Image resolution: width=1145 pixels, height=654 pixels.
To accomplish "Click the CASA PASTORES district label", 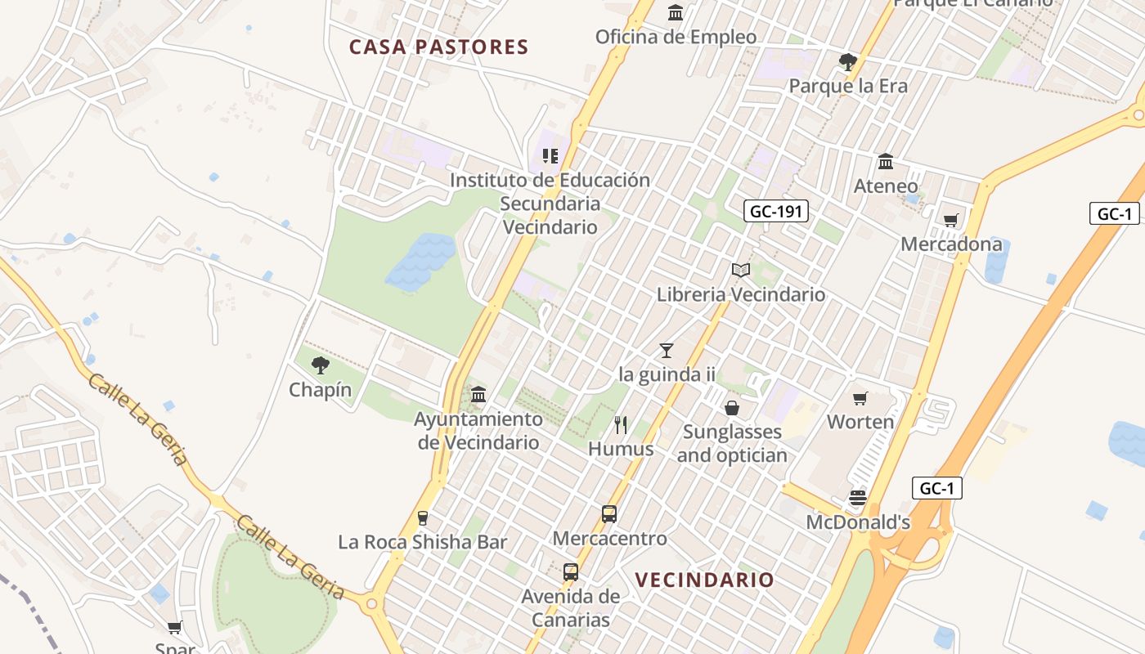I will [439, 47].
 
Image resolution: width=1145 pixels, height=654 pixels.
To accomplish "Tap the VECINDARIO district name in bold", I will [704, 580].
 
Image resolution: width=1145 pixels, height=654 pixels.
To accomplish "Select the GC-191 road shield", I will [777, 212].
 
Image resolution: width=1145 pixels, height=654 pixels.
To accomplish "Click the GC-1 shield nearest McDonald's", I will [937, 489].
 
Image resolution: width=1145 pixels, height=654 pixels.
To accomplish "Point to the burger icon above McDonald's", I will [858, 498].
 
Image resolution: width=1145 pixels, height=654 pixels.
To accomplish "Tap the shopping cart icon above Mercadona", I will [951, 220].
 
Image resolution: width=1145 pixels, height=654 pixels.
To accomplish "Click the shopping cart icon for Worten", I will [860, 398].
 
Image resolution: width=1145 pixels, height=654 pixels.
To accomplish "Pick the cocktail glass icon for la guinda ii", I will [667, 351].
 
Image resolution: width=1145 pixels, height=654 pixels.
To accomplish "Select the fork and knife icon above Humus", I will [621, 424].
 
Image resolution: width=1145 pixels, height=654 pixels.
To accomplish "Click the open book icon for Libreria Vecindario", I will [741, 270].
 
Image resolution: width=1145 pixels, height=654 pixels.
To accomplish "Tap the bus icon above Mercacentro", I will [609, 514].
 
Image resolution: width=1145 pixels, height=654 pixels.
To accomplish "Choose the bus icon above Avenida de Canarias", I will [571, 572].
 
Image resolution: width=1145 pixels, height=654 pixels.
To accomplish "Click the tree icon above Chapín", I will [321, 365].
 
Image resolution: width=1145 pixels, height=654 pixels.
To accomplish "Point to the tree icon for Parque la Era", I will [848, 61].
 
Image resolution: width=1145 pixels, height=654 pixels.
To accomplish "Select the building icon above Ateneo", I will [886, 161].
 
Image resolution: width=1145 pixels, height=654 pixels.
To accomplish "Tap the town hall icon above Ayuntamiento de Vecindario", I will [478, 395].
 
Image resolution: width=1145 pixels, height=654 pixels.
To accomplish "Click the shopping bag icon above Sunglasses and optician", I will [732, 407].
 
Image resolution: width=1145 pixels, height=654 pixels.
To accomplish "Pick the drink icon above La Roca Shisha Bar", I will [423, 517].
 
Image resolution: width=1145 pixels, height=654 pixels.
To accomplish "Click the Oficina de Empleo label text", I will [676, 37].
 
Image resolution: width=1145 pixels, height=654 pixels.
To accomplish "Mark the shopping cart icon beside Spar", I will [174, 628].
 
